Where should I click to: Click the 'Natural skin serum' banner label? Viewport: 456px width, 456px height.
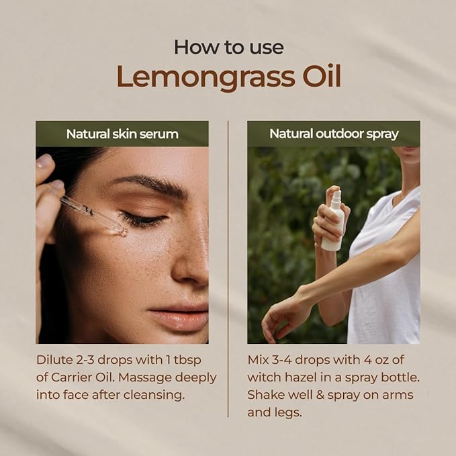click(x=122, y=134)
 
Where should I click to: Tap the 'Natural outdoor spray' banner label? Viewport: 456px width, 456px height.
click(x=334, y=134)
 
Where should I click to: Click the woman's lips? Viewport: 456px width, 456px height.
click(x=179, y=318)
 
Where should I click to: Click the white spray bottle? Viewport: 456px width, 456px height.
click(x=332, y=222)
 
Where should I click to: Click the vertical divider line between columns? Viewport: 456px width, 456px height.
click(x=228, y=269)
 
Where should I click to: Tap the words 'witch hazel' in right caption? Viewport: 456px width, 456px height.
click(x=279, y=377)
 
